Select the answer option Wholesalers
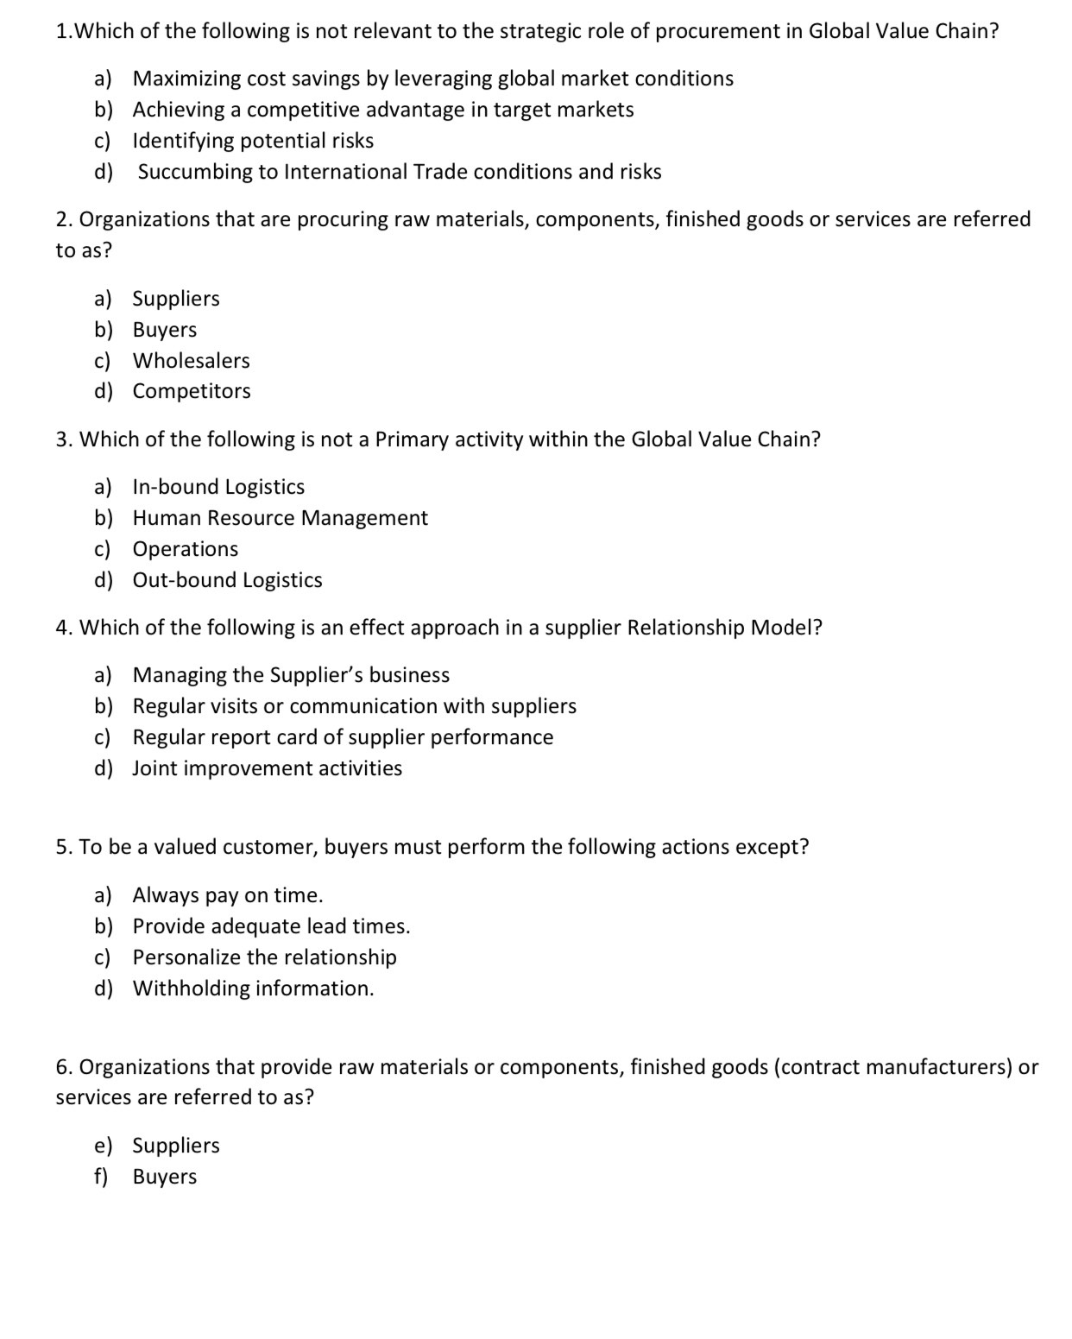(x=191, y=360)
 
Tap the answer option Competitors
(x=192, y=391)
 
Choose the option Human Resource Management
(x=280, y=518)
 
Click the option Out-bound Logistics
(x=227, y=580)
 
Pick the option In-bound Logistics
(x=218, y=487)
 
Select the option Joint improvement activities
(x=267, y=768)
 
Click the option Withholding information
(x=253, y=988)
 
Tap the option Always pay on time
(x=228, y=895)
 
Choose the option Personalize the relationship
(x=264, y=957)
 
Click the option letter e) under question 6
(x=103, y=1146)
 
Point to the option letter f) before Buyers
(x=101, y=1177)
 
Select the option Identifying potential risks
(x=253, y=141)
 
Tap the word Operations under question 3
(x=186, y=549)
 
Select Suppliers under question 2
(x=176, y=299)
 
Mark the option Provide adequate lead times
(x=271, y=926)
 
